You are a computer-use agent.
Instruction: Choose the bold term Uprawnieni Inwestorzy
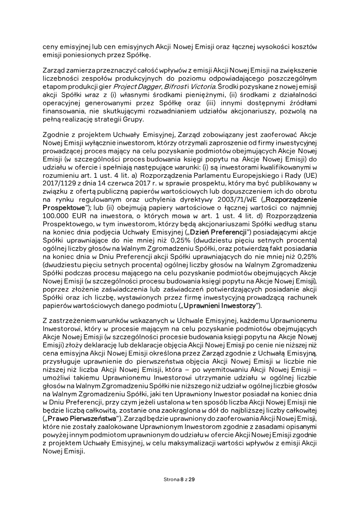tap(220, 306)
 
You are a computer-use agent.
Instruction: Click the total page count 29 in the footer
tap(192, 480)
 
